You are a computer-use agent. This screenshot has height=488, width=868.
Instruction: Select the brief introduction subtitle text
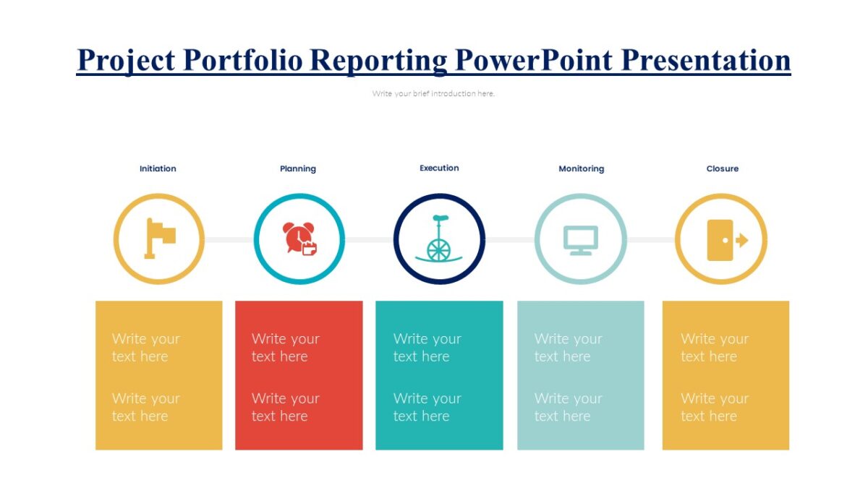point(433,93)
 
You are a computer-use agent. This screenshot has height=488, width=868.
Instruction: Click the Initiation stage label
point(158,168)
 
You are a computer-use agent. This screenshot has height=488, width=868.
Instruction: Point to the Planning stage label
point(298,168)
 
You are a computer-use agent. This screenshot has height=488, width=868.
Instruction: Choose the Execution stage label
point(439,168)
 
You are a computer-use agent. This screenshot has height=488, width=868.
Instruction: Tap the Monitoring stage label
point(581,168)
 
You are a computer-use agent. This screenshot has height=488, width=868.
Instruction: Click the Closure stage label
point(722,168)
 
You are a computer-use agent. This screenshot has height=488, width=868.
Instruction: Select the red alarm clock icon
point(299,238)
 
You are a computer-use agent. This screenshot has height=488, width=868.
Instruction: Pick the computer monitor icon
point(581,240)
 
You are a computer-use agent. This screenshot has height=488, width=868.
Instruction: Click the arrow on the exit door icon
point(741,240)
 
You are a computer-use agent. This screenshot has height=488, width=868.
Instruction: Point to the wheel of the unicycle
point(438,249)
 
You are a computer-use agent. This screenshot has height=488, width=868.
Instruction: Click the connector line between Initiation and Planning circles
point(229,239)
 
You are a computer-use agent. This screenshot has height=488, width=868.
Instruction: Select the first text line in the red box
point(285,347)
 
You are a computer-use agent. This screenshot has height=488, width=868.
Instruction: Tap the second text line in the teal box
point(427,407)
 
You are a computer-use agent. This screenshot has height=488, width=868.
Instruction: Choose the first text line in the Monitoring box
point(568,347)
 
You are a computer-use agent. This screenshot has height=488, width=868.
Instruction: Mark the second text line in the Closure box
point(714,407)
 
